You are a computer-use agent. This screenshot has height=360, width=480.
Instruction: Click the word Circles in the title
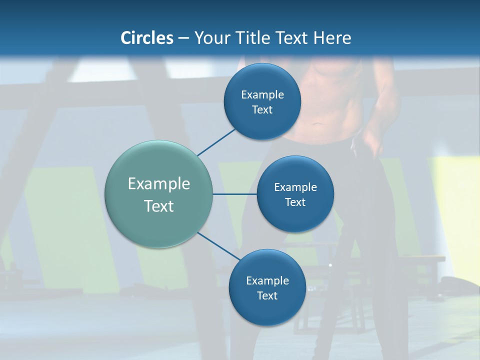147,38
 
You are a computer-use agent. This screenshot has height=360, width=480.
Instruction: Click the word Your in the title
210,38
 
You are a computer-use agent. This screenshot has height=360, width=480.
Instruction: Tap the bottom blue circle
267,310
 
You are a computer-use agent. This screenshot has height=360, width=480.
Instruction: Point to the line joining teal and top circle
216,142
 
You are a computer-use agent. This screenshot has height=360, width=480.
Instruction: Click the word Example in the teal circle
159,184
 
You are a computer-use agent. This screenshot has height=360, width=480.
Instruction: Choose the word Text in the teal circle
159,206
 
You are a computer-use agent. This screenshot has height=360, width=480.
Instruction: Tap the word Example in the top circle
262,95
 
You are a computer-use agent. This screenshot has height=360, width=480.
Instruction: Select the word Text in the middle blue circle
295,202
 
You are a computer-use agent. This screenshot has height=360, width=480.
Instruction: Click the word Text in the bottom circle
267,296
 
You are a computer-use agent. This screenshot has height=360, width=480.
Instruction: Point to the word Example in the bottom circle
267,281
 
